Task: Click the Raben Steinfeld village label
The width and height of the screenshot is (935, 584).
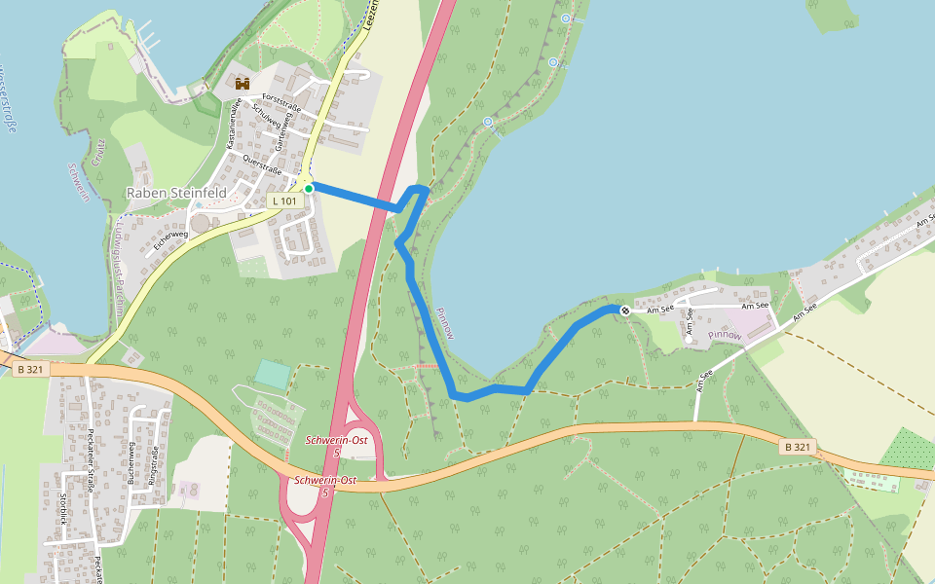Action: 176,193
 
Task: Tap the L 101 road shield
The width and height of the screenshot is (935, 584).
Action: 284,201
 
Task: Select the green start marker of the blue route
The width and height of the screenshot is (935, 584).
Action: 309,188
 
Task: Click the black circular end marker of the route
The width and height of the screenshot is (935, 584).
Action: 624,310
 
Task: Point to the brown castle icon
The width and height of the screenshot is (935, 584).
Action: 243,84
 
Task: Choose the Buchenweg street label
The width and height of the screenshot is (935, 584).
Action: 130,460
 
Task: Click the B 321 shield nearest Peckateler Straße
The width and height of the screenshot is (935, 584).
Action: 30,369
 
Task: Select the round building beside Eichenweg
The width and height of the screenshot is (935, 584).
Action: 200,224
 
